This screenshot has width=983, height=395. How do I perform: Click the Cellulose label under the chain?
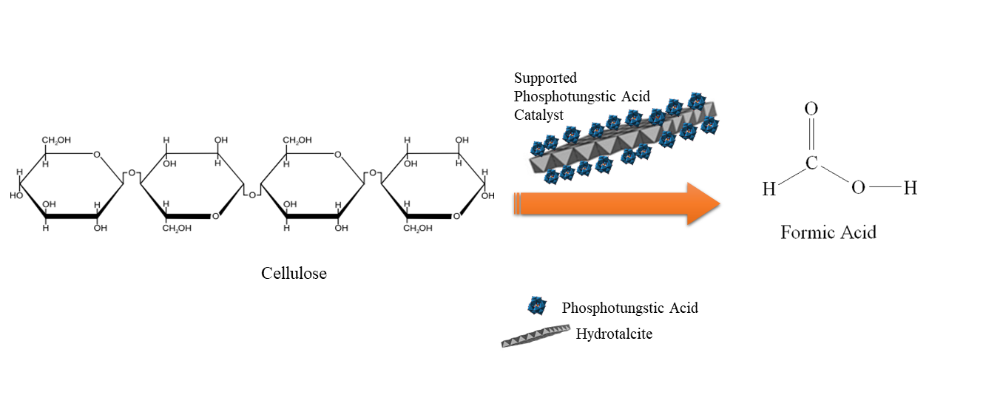(x=294, y=274)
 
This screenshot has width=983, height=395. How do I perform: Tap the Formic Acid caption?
(x=828, y=233)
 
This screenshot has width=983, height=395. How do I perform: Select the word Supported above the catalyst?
(x=545, y=78)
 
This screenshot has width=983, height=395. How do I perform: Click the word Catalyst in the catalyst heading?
(x=538, y=115)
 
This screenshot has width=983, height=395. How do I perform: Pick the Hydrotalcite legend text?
(x=614, y=334)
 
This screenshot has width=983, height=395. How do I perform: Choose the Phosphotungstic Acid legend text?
(x=629, y=308)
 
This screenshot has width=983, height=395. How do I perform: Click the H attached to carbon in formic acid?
(x=769, y=189)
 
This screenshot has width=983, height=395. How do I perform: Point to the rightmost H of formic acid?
(x=910, y=189)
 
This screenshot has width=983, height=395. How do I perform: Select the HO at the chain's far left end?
(x=16, y=196)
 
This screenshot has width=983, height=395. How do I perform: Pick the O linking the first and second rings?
(x=132, y=174)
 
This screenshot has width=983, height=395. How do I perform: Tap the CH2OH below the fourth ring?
(x=418, y=228)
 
